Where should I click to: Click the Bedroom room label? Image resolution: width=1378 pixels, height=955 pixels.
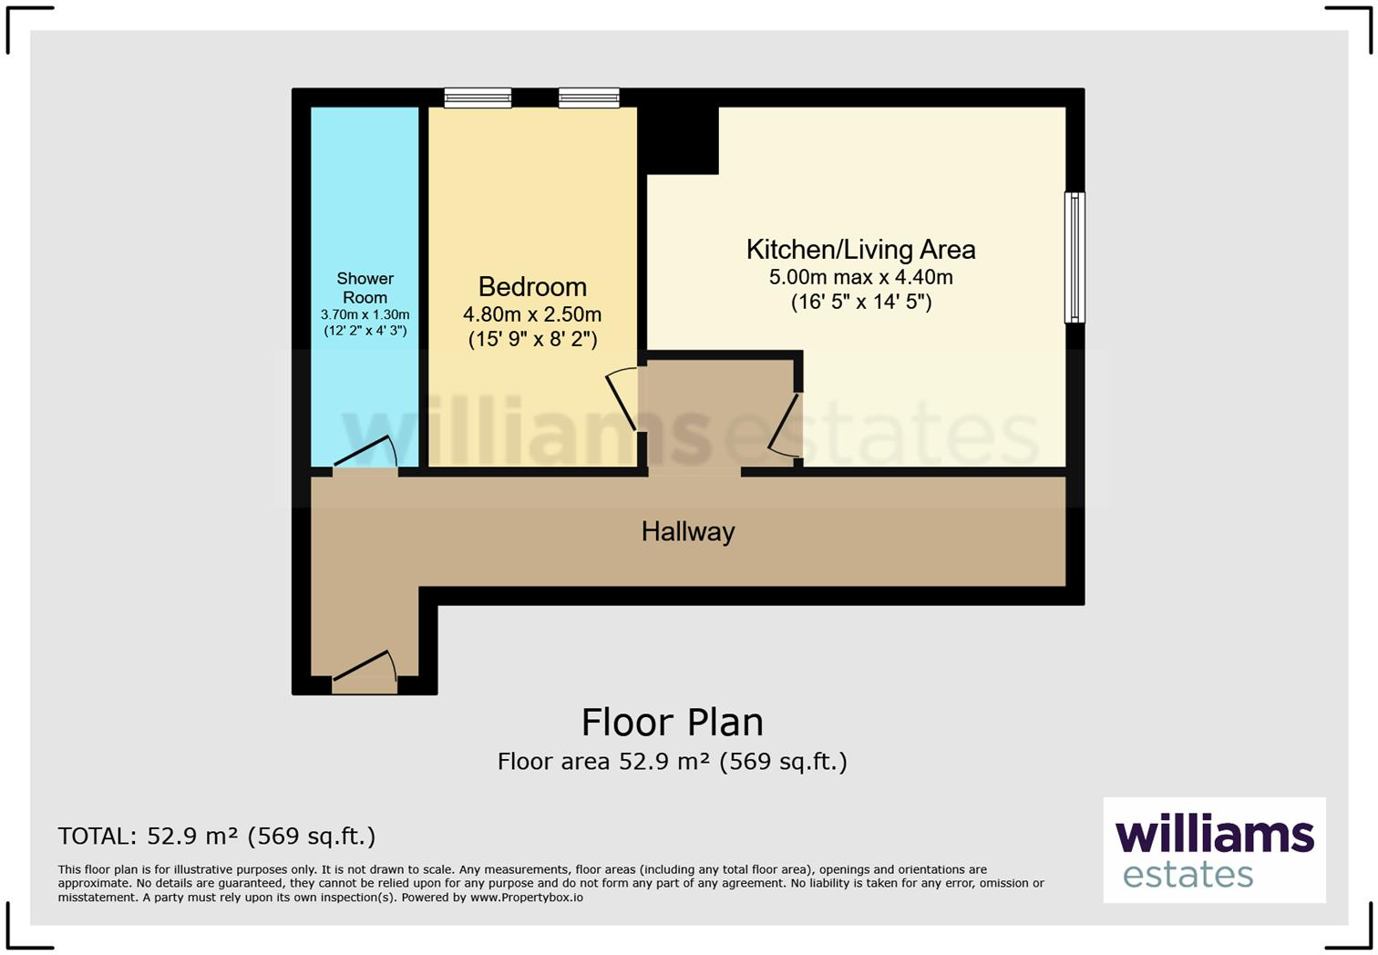(x=532, y=287)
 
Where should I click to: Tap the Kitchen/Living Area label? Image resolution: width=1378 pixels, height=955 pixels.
(x=860, y=250)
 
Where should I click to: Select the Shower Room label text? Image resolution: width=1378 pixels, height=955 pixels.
(x=365, y=288)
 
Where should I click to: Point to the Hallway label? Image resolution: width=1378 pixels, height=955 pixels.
(x=688, y=531)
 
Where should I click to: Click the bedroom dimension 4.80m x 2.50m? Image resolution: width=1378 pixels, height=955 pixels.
(x=532, y=315)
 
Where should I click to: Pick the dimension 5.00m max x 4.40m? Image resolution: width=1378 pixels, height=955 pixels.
(x=860, y=277)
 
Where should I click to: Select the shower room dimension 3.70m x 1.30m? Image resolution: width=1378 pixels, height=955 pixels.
(x=365, y=314)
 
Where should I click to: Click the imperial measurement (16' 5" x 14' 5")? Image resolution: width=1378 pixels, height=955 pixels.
(x=860, y=302)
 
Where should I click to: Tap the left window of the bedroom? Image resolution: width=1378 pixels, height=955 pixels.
(x=478, y=98)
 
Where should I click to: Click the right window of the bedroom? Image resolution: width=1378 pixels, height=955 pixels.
(x=589, y=98)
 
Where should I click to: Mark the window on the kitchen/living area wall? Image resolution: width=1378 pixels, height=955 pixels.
(x=1075, y=257)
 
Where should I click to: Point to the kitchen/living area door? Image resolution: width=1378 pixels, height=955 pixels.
(x=786, y=424)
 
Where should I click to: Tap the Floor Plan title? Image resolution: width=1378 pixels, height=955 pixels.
(x=673, y=722)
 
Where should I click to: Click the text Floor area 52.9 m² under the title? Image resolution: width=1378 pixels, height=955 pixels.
(x=602, y=762)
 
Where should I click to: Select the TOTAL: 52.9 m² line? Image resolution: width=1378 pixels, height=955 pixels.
(x=216, y=836)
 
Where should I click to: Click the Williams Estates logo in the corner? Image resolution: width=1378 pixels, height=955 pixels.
(x=1214, y=850)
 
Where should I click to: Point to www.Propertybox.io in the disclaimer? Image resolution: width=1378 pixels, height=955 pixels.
(x=526, y=898)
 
